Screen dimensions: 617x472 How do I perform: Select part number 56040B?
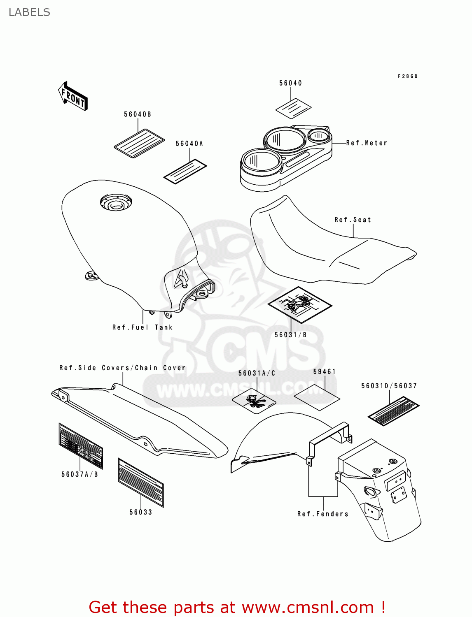138,114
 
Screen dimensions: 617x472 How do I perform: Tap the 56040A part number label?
189,144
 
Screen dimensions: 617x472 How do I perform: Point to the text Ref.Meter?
367,143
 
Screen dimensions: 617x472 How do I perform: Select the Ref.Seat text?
353,220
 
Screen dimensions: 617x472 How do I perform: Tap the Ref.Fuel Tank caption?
143,327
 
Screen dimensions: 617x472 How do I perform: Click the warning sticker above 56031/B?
299,304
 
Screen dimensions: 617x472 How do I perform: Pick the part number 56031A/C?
257,373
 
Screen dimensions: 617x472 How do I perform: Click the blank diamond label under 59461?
316,397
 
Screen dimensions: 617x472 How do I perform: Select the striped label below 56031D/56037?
393,411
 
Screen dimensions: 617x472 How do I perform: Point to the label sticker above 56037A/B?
80,446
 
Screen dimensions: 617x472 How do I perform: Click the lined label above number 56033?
140,482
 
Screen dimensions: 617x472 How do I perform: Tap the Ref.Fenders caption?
323,514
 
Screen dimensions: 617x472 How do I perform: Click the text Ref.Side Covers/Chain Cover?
122,368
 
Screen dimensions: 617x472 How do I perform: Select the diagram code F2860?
408,77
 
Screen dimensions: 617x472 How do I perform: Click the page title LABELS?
29,12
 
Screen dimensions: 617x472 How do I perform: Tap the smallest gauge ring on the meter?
319,135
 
